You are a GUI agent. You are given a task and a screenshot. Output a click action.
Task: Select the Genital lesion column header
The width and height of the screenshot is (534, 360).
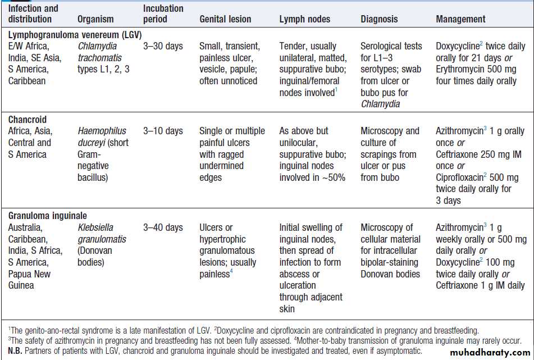(x=225, y=19)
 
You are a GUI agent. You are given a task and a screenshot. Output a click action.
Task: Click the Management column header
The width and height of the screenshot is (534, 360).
(x=460, y=19)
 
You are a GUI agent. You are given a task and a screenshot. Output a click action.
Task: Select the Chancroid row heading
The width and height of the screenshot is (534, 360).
(x=28, y=119)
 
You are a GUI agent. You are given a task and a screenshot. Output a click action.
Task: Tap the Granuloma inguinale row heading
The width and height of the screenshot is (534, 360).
(x=48, y=216)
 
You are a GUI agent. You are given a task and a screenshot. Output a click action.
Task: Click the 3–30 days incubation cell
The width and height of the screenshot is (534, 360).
(x=163, y=46)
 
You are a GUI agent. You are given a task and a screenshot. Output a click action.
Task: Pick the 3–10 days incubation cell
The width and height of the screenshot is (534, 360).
(x=163, y=131)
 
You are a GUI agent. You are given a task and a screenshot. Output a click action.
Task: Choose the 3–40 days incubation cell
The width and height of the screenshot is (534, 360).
(x=163, y=227)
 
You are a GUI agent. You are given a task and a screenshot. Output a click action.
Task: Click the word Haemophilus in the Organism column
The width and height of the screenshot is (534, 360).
(x=102, y=131)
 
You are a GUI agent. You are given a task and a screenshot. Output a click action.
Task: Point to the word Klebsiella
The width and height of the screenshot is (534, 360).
(x=95, y=227)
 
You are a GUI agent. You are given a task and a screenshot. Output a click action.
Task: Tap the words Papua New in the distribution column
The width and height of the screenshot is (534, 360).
(x=29, y=274)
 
